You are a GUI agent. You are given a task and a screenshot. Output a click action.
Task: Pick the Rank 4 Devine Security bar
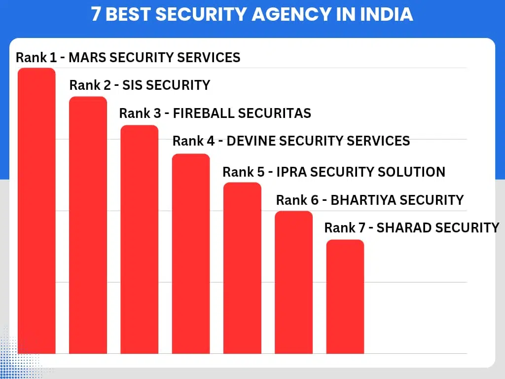[x=191, y=254]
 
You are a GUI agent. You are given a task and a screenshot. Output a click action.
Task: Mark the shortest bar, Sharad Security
[x=345, y=297]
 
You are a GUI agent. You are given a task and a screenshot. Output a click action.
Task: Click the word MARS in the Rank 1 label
[x=87, y=57]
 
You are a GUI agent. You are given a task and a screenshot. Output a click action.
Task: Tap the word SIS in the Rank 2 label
[x=132, y=85]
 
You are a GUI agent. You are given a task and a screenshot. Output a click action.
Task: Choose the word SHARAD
[x=400, y=227]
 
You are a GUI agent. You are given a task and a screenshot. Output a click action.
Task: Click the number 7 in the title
[x=96, y=14]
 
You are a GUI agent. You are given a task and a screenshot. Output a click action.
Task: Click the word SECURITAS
[x=274, y=114]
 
